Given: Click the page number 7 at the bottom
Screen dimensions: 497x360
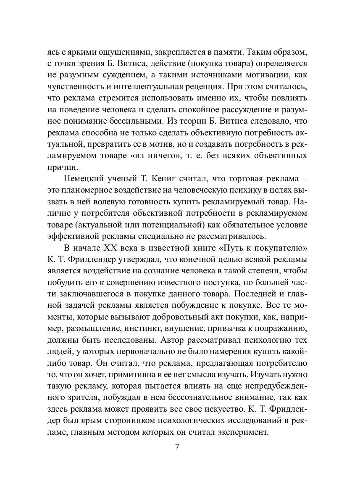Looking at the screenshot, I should coord(177,447).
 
